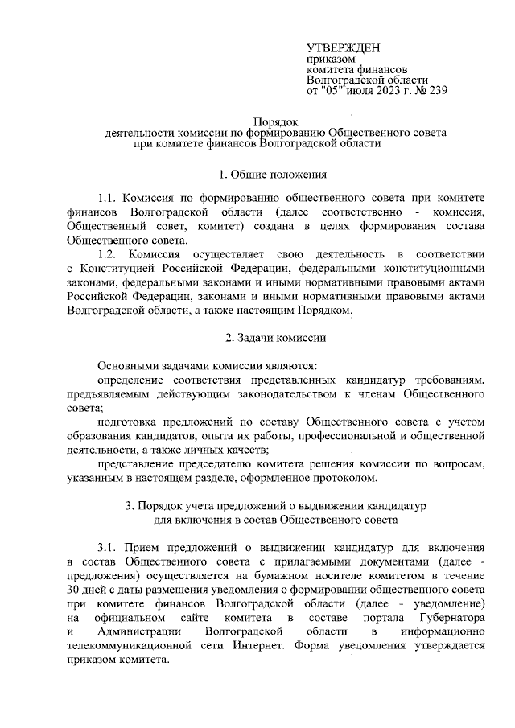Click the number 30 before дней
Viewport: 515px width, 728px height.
coord(76,588)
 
